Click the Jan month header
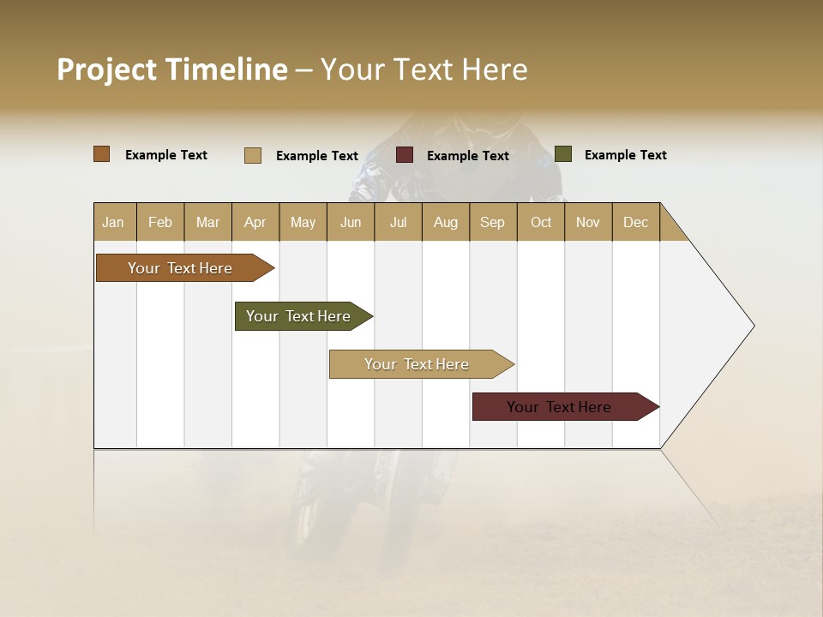click(114, 222)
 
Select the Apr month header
click(255, 222)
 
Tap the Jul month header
click(398, 222)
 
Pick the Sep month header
click(493, 222)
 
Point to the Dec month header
click(635, 222)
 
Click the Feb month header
click(160, 222)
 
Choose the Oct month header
click(541, 222)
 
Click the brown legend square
click(102, 154)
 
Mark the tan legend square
click(253, 155)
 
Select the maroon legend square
click(405, 155)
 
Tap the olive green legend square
click(563, 154)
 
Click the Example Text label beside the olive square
click(625, 155)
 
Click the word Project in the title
click(107, 69)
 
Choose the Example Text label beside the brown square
click(166, 155)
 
